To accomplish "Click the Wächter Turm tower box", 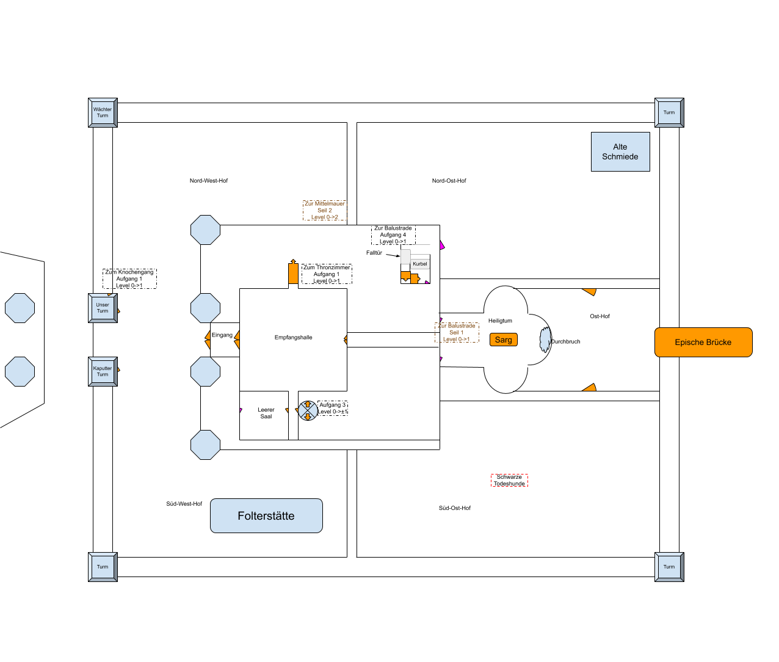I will point(103,112).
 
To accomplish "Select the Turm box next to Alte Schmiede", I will point(669,112).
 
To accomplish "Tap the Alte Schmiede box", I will point(620,152).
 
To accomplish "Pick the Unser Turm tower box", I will point(103,308).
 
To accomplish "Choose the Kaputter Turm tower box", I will point(103,371).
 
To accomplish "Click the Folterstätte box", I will point(266,516).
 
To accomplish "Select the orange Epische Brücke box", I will point(703,342).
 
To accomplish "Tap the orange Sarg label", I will point(504,340).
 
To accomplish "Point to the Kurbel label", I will point(420,264).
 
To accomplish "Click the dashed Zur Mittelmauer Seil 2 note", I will point(325,210).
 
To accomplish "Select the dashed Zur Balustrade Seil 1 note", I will point(457,332).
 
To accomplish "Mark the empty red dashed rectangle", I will point(509,481).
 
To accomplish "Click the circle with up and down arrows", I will point(308,410).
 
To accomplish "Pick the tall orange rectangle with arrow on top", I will point(293,272).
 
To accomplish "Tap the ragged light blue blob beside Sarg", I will point(545,340).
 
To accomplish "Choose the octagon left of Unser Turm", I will point(20,308).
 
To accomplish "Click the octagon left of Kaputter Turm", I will point(20,371).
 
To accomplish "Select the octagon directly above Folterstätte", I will point(205,445).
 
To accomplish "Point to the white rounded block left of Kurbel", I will point(405,256).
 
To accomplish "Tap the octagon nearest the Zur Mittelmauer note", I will point(205,230).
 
